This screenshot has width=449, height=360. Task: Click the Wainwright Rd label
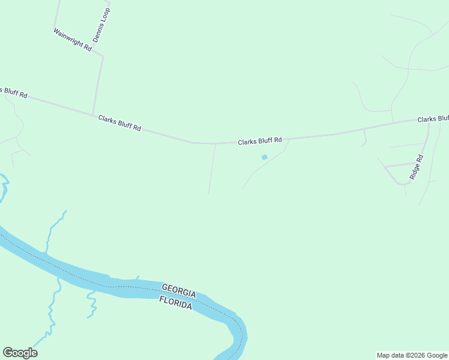pyautogui.click(x=72, y=40)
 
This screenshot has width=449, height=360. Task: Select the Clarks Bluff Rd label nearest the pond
pyautogui.click(x=259, y=142)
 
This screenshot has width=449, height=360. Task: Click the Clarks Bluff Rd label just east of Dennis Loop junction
pyautogui.click(x=119, y=124)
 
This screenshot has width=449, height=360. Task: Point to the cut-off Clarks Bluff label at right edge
pyautogui.click(x=432, y=119)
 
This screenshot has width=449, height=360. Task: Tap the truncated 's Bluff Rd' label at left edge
pyautogui.click(x=13, y=92)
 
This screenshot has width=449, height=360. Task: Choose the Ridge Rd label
pyautogui.click(x=417, y=167)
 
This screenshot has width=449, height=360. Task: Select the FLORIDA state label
pyautogui.click(x=175, y=302)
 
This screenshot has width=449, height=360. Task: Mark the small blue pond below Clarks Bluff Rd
pyautogui.click(x=264, y=157)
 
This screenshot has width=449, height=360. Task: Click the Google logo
pyautogui.click(x=20, y=353)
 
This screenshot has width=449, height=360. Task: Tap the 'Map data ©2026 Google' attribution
pyautogui.click(x=412, y=355)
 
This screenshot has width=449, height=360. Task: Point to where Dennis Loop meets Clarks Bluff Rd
pyautogui.click(x=92, y=115)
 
